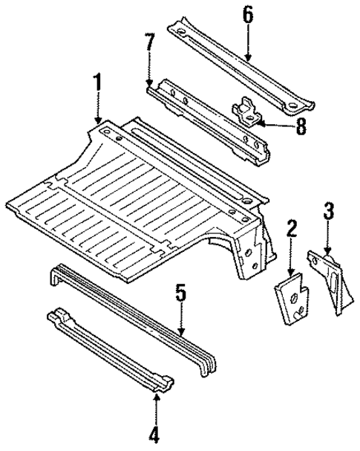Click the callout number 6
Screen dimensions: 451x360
pyautogui.click(x=247, y=14)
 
